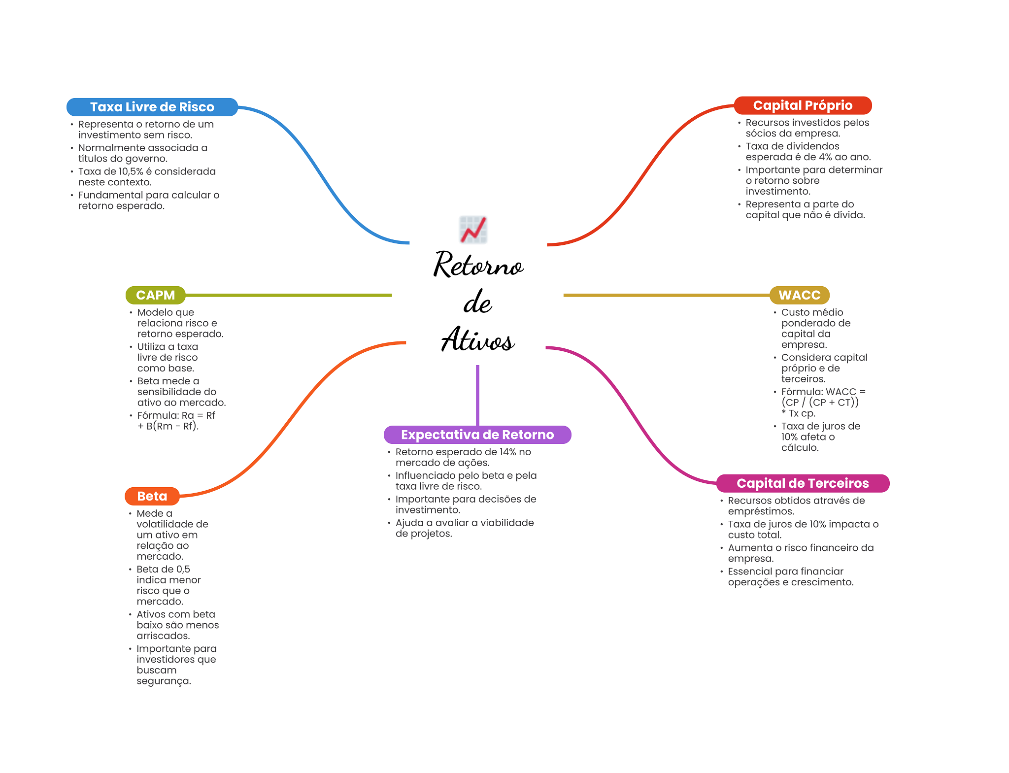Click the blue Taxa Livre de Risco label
point(152,107)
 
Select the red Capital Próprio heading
point(802,105)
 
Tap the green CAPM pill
point(155,295)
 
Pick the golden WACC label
point(799,295)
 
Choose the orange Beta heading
point(152,496)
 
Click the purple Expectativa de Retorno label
point(477,435)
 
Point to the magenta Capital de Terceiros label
point(802,483)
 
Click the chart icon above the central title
point(473,230)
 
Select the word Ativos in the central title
point(478,340)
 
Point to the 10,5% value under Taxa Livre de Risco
point(131,171)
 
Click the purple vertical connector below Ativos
point(477,394)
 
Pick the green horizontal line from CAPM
point(288,295)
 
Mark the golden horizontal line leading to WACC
point(665,295)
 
